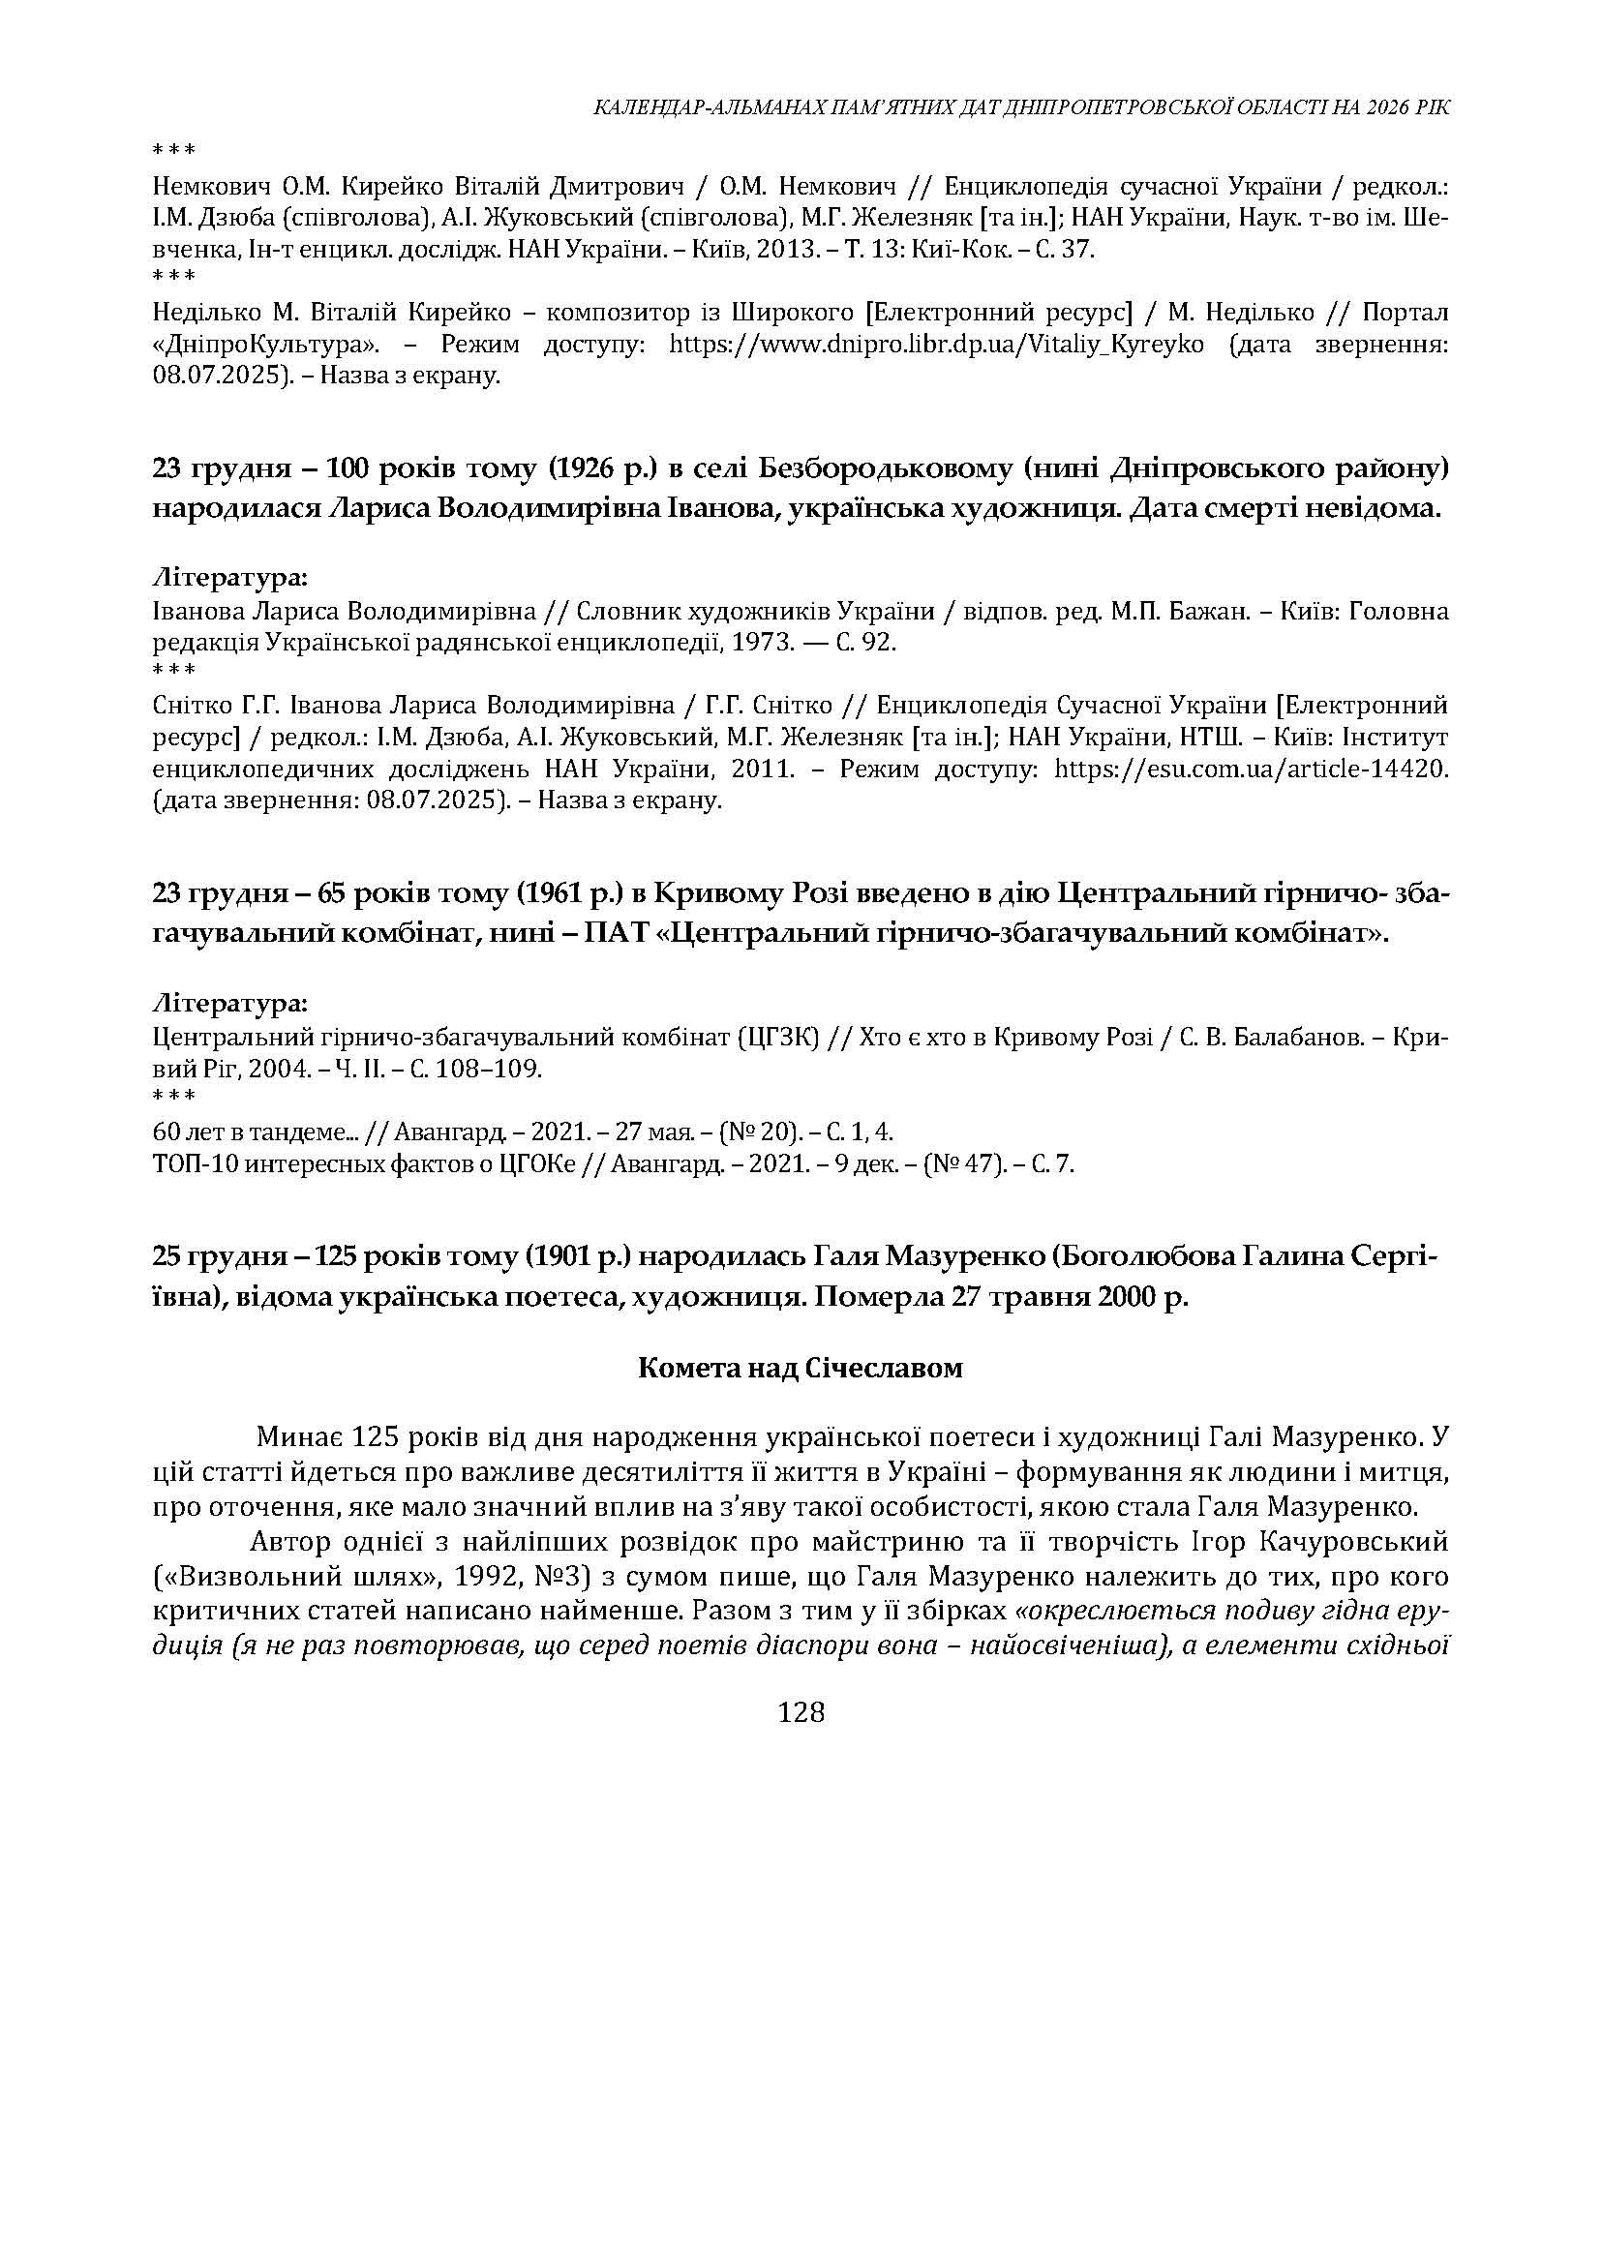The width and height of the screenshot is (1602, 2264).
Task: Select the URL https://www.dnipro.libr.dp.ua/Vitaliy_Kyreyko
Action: [x=936, y=345]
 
